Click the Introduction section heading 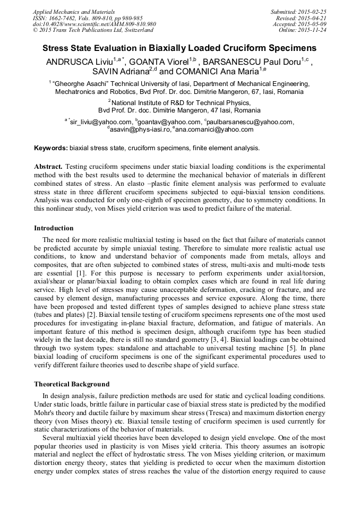point(54,228)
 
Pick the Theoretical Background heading point(72,384)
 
